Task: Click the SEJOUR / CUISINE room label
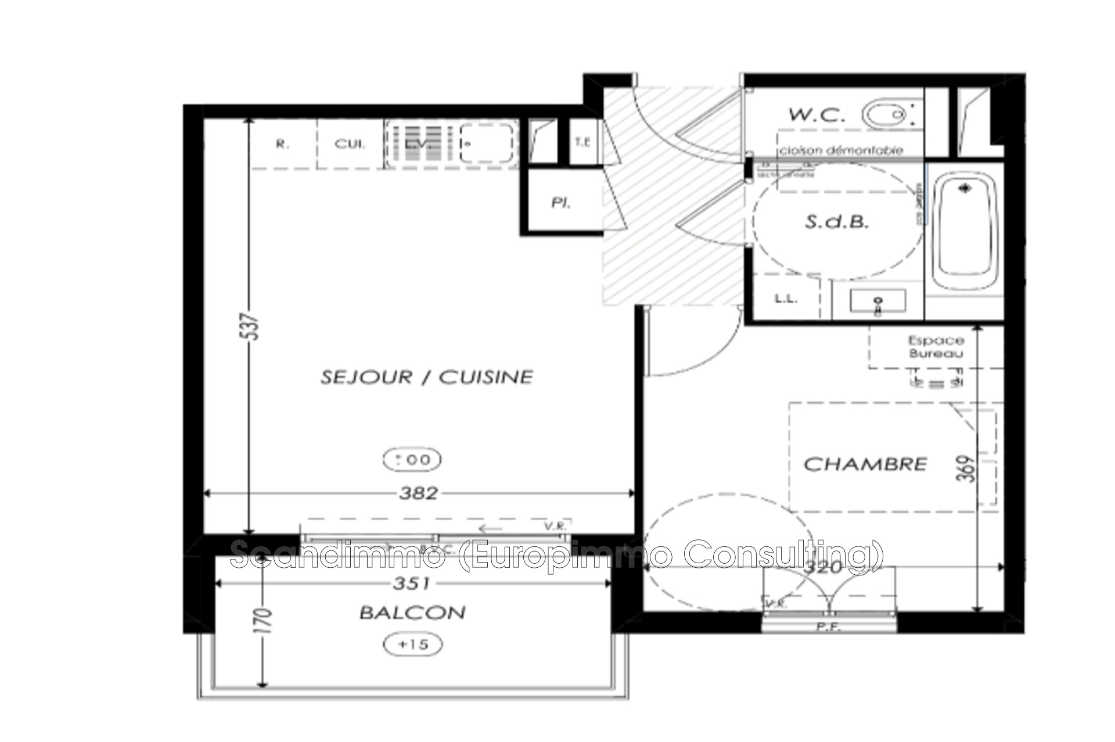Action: pyautogui.click(x=427, y=377)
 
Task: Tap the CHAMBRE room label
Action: pyautogui.click(x=865, y=464)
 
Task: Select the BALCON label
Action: pyautogui.click(x=412, y=613)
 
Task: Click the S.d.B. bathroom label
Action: pyautogui.click(x=836, y=222)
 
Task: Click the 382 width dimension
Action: pyautogui.click(x=418, y=494)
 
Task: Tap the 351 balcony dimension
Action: pyautogui.click(x=411, y=583)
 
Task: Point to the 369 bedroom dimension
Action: pyautogui.click(x=967, y=469)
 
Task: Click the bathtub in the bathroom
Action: pyautogui.click(x=965, y=232)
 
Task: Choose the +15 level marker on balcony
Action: pyautogui.click(x=413, y=644)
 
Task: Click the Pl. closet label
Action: pyautogui.click(x=560, y=203)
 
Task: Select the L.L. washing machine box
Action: pyautogui.click(x=786, y=299)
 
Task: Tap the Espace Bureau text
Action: pyautogui.click(x=936, y=347)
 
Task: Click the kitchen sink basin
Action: pyautogui.click(x=488, y=143)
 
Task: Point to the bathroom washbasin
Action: pyautogui.click(x=877, y=301)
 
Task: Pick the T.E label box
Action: pyautogui.click(x=582, y=142)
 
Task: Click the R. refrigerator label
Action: pyautogui.click(x=282, y=144)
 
